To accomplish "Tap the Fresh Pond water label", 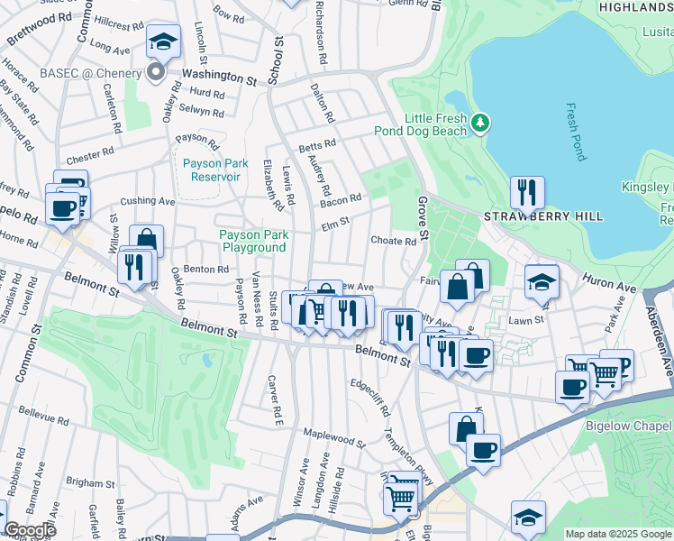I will (x=576, y=132).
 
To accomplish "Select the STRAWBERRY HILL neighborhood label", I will (x=543, y=217).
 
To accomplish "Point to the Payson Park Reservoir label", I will (x=212, y=170).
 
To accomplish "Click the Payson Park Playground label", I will (x=253, y=241).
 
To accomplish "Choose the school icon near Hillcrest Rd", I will (x=164, y=41).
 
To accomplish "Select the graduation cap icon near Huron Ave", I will (x=542, y=281).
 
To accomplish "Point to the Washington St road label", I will (x=219, y=78).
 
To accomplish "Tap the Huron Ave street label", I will (x=609, y=284).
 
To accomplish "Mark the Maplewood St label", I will (x=333, y=437).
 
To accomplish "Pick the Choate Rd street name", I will (x=394, y=242).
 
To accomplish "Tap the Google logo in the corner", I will (x=29, y=530).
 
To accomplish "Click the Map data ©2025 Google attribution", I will (x=618, y=534).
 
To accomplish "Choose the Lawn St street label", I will (x=526, y=320).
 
